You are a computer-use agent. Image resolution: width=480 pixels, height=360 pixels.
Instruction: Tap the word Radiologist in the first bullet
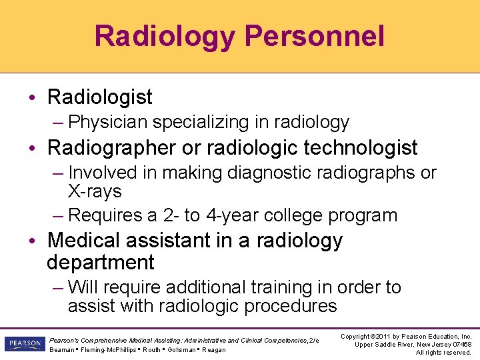[99, 97]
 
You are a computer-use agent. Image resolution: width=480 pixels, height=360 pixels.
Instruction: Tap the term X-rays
[95, 191]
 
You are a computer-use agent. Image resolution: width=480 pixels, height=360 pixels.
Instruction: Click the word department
[100, 262]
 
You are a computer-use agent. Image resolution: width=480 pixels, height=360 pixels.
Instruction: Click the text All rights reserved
[443, 353]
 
